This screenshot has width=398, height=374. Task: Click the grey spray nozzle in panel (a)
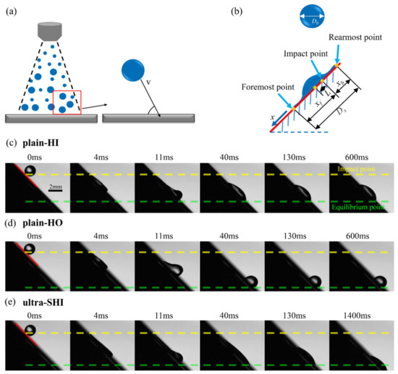point(47,30)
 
